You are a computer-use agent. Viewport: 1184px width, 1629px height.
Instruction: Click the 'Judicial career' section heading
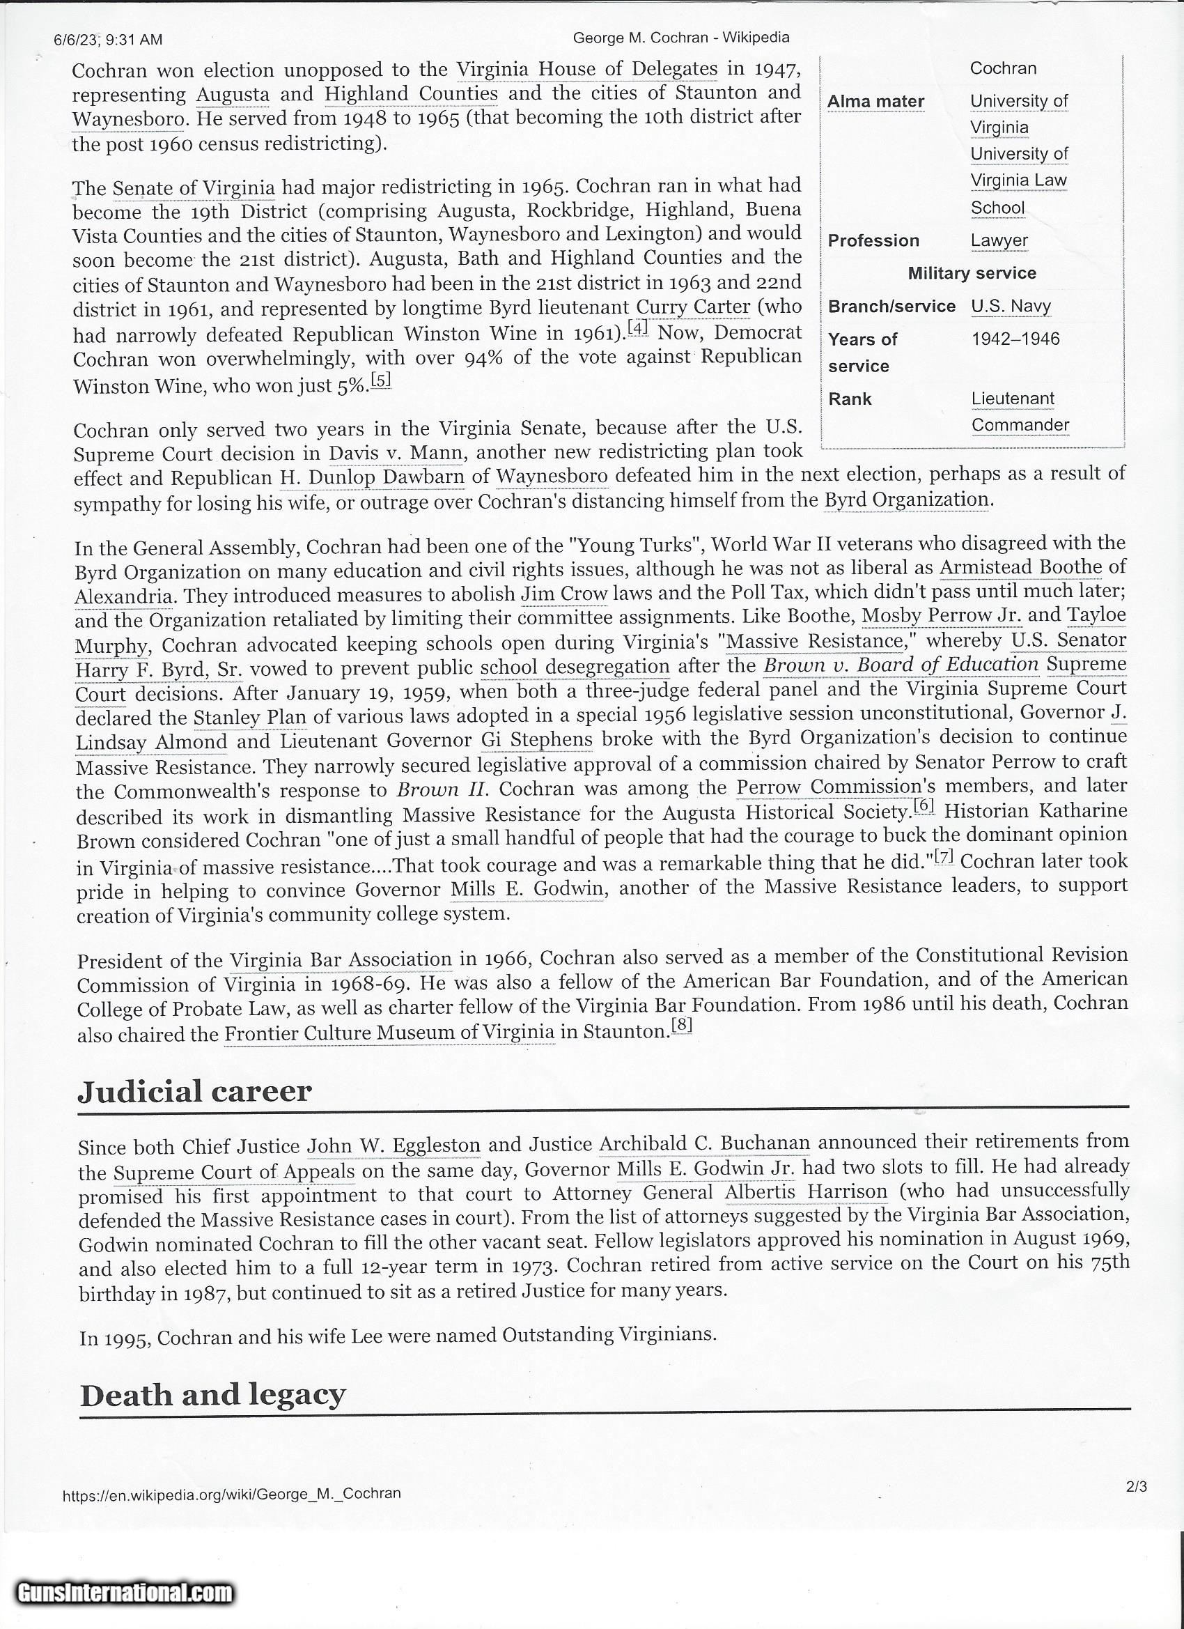click(194, 1092)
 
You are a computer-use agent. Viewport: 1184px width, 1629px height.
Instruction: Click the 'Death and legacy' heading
click(212, 1395)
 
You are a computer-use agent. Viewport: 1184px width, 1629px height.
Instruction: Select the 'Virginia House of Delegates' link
click(586, 69)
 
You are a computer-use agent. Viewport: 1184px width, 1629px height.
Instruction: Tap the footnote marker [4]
click(637, 327)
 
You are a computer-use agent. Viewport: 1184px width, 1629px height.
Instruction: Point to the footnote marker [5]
click(380, 380)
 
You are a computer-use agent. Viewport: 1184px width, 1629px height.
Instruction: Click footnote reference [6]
click(924, 808)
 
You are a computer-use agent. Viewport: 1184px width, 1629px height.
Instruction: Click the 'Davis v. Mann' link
click(396, 453)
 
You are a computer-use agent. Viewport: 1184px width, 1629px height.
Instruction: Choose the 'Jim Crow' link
click(564, 595)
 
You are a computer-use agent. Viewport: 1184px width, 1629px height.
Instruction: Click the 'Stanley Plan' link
click(249, 717)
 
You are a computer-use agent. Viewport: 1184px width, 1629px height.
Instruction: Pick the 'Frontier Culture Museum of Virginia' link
click(389, 1033)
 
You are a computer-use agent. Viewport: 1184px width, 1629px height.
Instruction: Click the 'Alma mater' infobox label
click(875, 101)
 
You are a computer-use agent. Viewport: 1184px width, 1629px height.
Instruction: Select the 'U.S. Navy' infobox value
click(1011, 306)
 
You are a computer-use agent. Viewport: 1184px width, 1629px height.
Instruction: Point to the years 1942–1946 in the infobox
click(1015, 339)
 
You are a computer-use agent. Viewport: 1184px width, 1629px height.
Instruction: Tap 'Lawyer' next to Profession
click(999, 240)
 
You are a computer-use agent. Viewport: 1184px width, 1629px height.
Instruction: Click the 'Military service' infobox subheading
click(972, 273)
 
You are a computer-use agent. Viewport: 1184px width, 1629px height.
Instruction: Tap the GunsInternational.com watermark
click(126, 1593)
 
